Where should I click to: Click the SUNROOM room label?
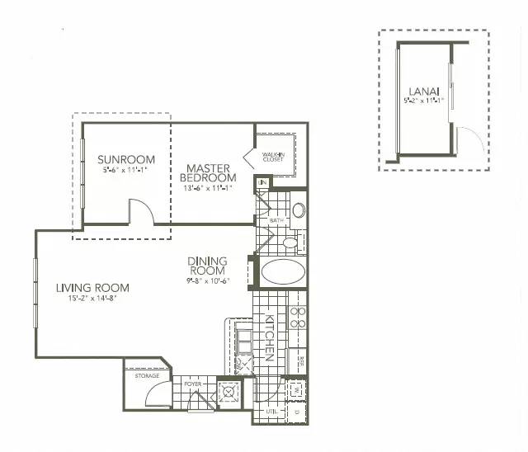[122, 159]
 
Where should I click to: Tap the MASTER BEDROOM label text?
[209, 172]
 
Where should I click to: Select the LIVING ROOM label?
[92, 287]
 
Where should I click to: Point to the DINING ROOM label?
[208, 266]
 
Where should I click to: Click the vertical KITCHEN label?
[268, 337]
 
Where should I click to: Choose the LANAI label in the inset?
[423, 91]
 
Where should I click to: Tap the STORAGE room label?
[146, 376]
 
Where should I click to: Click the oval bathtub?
[283, 272]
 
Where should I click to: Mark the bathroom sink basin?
[298, 210]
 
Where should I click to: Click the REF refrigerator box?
[301, 360]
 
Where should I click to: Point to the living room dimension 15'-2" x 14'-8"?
[93, 299]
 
